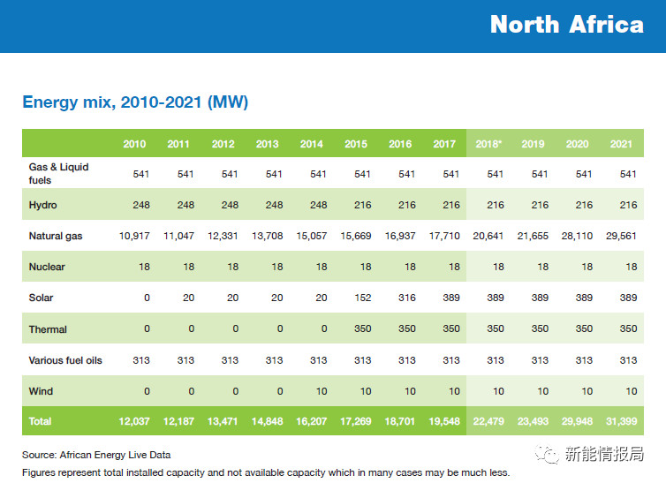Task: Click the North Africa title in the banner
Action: coord(566,25)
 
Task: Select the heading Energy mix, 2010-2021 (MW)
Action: coord(135,102)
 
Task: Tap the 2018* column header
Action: coord(489,144)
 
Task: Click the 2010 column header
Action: coord(135,144)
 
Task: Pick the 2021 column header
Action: coord(622,144)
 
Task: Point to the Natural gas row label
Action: coord(57,236)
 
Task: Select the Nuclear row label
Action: coord(48,267)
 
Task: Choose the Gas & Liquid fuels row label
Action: coord(59,173)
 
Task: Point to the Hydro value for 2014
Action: coord(314,205)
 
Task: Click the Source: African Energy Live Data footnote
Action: coord(96,456)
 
